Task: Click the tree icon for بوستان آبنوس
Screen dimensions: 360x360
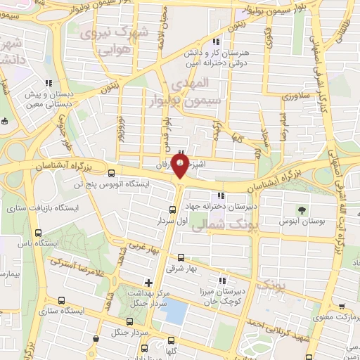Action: pyautogui.click(x=302, y=210)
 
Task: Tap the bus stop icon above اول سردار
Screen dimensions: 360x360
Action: pyautogui.click(x=173, y=210)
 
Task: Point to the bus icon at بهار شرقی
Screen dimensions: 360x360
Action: pyautogui.click(x=181, y=257)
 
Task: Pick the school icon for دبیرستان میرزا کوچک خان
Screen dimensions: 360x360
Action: pyautogui.click(x=222, y=280)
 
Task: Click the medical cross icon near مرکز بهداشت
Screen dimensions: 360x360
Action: pyautogui.click(x=148, y=283)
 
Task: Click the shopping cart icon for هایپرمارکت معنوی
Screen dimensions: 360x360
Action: pyautogui.click(x=342, y=307)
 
